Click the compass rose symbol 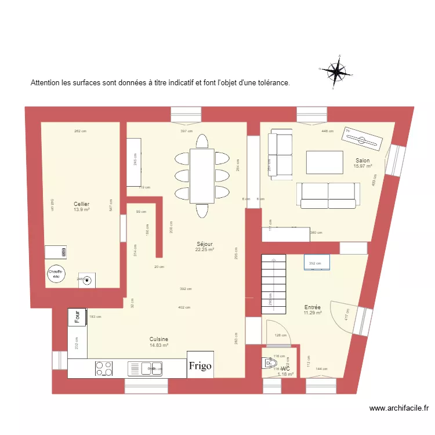(334, 72)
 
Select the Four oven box (77, 317)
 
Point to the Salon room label (362, 160)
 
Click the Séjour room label (204, 244)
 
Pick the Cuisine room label (158, 339)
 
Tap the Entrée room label (313, 307)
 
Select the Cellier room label (81, 204)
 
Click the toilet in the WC (270, 364)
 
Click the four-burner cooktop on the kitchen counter (104, 368)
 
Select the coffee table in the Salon (324, 162)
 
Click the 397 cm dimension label (186, 131)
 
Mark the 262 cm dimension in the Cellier (80, 131)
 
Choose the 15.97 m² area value (362, 166)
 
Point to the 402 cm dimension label (184, 307)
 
